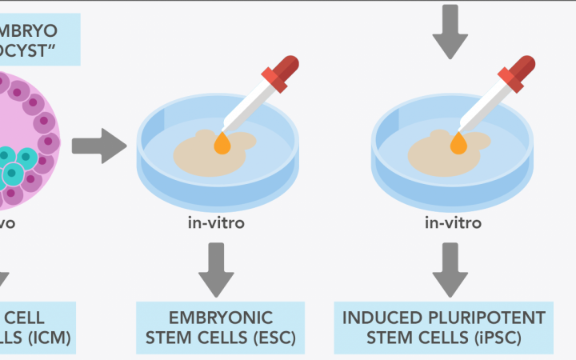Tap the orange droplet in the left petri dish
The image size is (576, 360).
pos(222,143)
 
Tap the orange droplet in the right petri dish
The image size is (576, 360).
pos(458,143)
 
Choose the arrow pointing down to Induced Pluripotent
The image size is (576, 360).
pos(452,268)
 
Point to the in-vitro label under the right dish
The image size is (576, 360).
pos(453,222)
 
